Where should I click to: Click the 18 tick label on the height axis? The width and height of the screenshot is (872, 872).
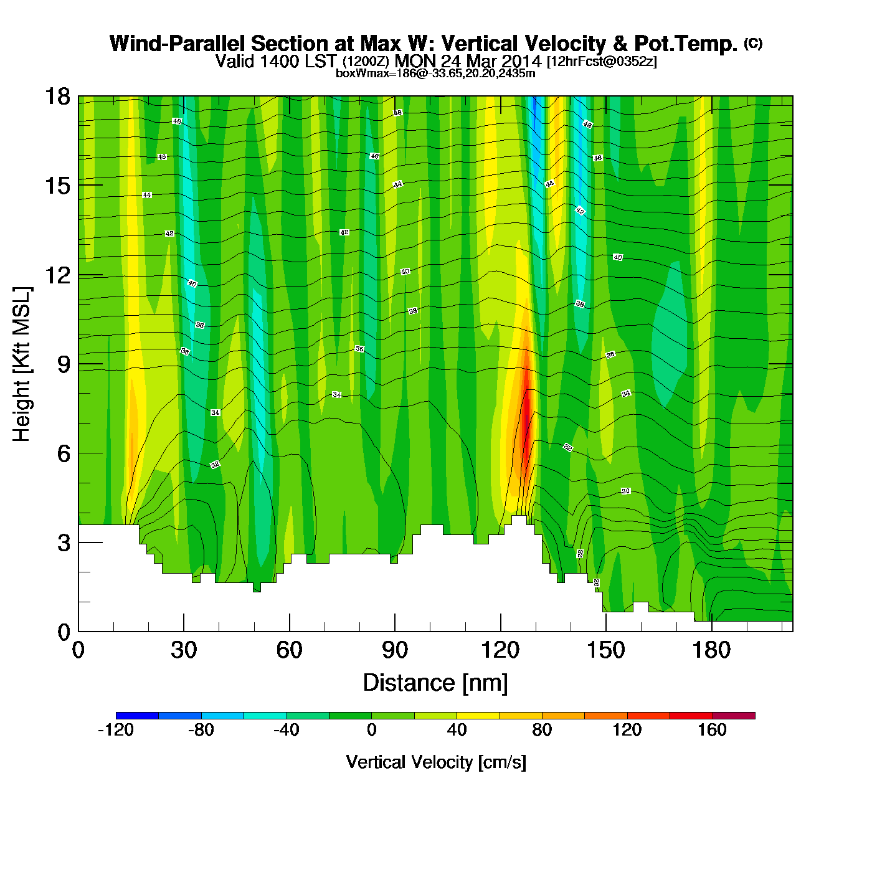(57, 97)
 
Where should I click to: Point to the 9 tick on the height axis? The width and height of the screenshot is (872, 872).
(78, 364)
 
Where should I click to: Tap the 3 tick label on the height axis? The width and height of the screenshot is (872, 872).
(64, 543)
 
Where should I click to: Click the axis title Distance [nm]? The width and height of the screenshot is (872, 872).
(435, 683)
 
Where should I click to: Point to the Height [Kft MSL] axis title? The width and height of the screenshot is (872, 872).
(22, 364)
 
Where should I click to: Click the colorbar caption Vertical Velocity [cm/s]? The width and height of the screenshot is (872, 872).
(436, 762)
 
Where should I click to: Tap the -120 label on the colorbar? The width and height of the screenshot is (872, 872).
(116, 730)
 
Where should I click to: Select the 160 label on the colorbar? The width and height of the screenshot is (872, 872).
(712, 730)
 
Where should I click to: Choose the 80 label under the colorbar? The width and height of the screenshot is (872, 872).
(542, 730)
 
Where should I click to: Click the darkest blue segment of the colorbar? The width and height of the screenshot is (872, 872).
(137, 716)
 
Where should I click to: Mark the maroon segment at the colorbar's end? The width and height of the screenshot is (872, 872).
(734, 716)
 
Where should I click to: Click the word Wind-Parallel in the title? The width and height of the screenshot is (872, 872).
(178, 44)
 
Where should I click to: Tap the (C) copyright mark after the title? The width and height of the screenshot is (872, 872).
(753, 44)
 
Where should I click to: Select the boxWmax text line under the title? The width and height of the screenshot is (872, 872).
(435, 73)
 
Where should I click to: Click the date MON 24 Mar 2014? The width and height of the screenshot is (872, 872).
(468, 61)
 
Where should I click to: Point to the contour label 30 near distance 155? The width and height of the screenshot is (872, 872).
(625, 491)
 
